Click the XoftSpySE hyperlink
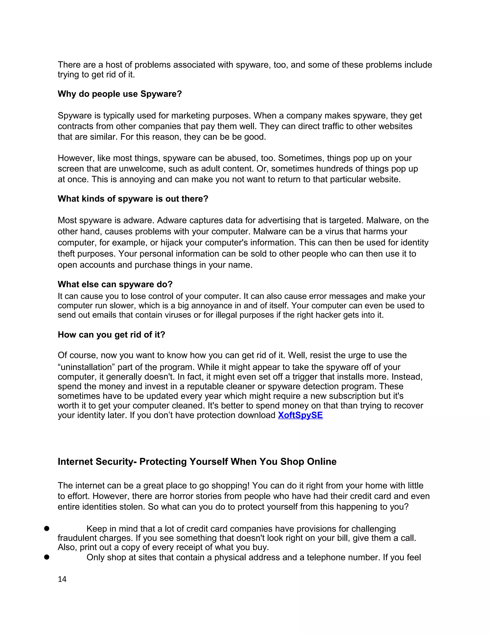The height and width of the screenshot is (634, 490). tap(300, 415)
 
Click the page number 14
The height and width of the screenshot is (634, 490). tap(62, 579)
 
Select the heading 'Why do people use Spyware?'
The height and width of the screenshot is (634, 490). tap(120, 94)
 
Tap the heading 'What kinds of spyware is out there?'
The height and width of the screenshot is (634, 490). tap(133, 199)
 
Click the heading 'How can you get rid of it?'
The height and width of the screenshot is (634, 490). tap(111, 335)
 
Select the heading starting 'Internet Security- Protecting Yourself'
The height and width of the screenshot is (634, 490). tap(197, 462)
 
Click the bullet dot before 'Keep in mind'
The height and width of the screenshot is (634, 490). tap(46, 529)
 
